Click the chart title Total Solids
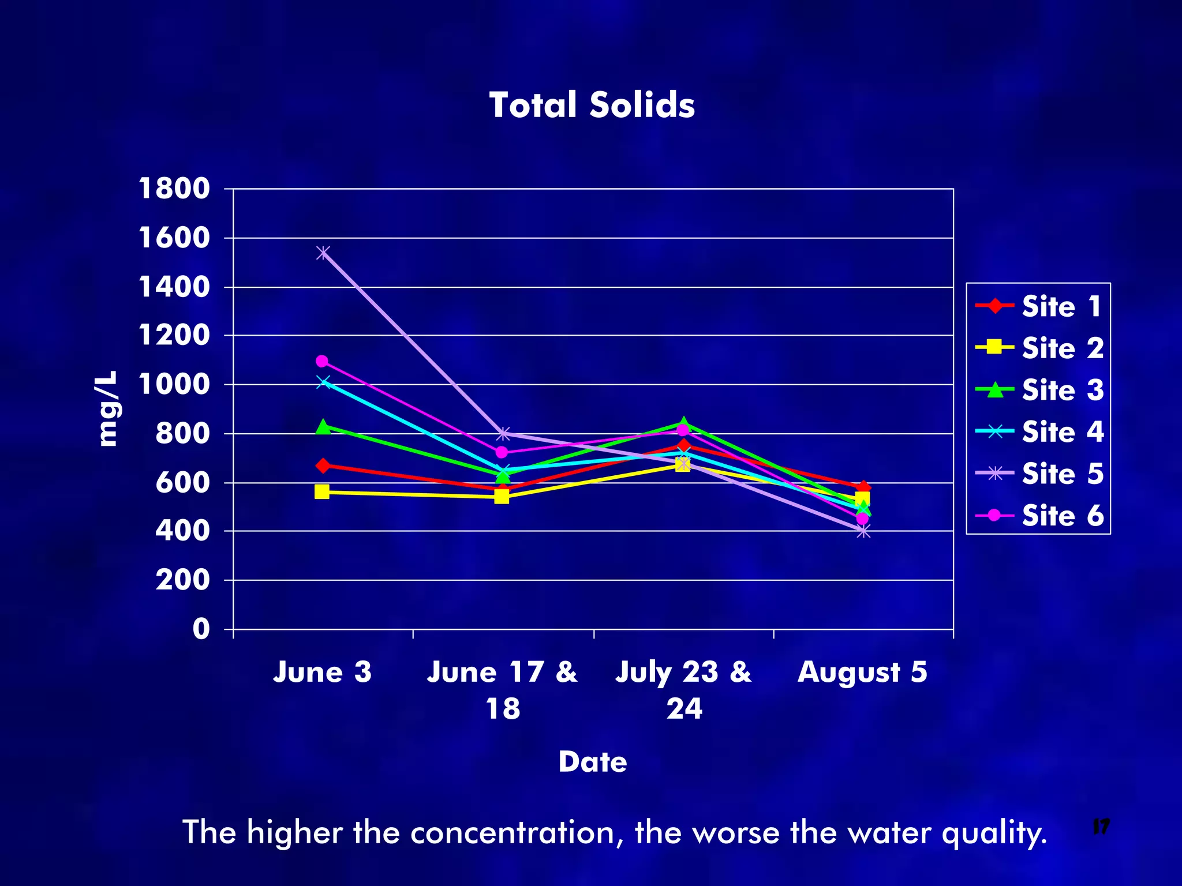(592, 105)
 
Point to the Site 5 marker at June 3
(323, 253)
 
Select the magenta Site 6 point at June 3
(322, 361)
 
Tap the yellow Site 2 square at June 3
(322, 491)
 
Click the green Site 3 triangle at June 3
(323, 427)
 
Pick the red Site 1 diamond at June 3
(323, 465)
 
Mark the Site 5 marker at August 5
(863, 531)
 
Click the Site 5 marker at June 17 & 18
(503, 433)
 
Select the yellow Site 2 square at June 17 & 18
(502, 496)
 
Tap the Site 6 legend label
(1062, 515)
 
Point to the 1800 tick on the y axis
(174, 189)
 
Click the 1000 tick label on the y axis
(174, 384)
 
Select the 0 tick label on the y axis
(201, 629)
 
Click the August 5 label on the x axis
(862, 672)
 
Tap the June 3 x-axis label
(322, 672)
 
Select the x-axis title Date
(593, 761)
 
